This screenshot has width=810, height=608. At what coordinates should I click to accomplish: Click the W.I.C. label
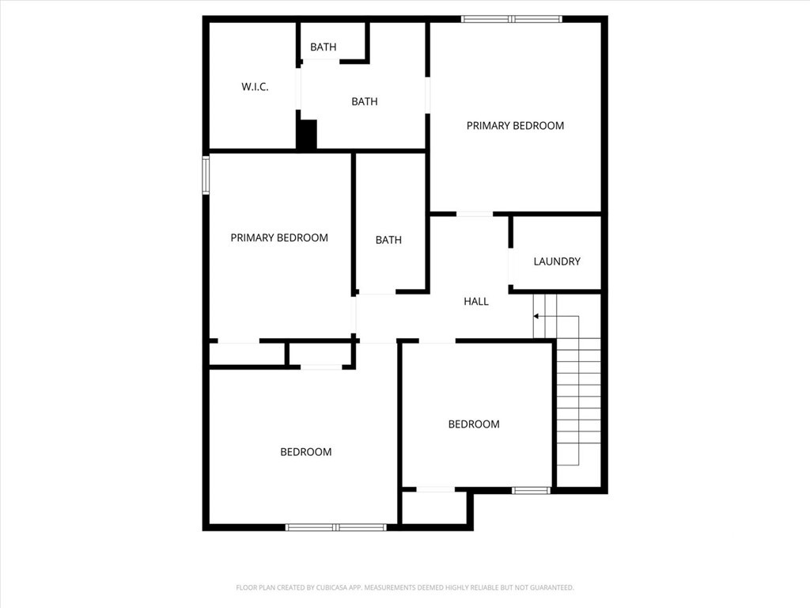[255, 87]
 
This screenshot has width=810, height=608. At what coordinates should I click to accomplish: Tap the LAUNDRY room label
[557, 261]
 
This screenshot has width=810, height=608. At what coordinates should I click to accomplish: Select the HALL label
[475, 302]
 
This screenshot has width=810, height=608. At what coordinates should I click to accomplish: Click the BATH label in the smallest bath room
[324, 47]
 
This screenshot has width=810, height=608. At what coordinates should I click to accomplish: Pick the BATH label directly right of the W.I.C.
[364, 102]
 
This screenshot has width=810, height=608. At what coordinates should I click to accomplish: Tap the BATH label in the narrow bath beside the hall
[388, 240]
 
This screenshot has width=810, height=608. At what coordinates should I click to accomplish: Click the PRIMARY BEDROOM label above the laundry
[515, 126]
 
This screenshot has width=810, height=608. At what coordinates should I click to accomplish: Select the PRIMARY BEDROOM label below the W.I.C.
[279, 237]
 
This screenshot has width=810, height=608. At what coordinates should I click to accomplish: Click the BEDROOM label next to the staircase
[474, 424]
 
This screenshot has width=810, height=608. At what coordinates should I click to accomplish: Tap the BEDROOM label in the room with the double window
[306, 452]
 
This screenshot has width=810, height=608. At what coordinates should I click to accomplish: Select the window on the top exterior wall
[512, 19]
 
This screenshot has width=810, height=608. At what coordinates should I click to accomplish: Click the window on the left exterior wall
[206, 175]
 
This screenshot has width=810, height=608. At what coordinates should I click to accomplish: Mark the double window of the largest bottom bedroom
[335, 527]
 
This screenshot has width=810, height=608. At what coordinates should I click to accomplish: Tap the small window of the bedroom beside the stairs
[531, 490]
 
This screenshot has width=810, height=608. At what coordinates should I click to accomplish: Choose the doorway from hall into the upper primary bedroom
[475, 214]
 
